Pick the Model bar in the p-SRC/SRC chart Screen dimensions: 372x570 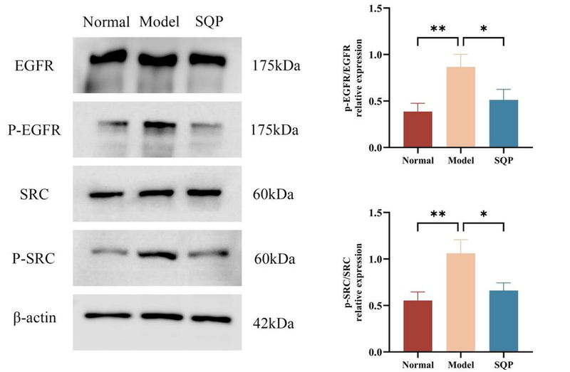pyautogui.click(x=462, y=303)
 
